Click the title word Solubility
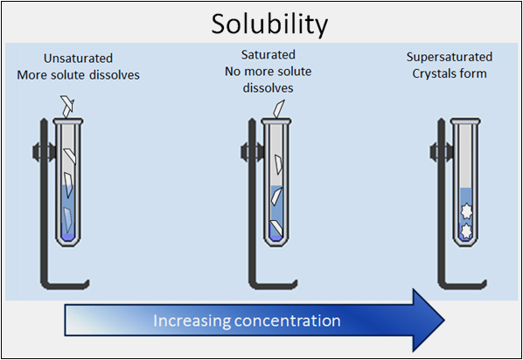click(269, 24)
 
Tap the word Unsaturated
click(79, 59)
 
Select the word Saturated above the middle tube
click(268, 55)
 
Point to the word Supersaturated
click(450, 58)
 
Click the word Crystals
click(434, 73)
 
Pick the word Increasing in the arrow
click(192, 321)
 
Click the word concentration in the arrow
click(288, 321)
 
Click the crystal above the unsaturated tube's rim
click(67, 106)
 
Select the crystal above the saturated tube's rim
click(278, 108)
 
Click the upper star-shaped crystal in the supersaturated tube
click(467, 211)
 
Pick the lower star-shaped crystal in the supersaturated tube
click(466, 231)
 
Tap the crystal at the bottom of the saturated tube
click(277, 228)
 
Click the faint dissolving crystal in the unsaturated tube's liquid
click(68, 220)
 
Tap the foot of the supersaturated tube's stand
click(464, 285)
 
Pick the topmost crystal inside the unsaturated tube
click(70, 156)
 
